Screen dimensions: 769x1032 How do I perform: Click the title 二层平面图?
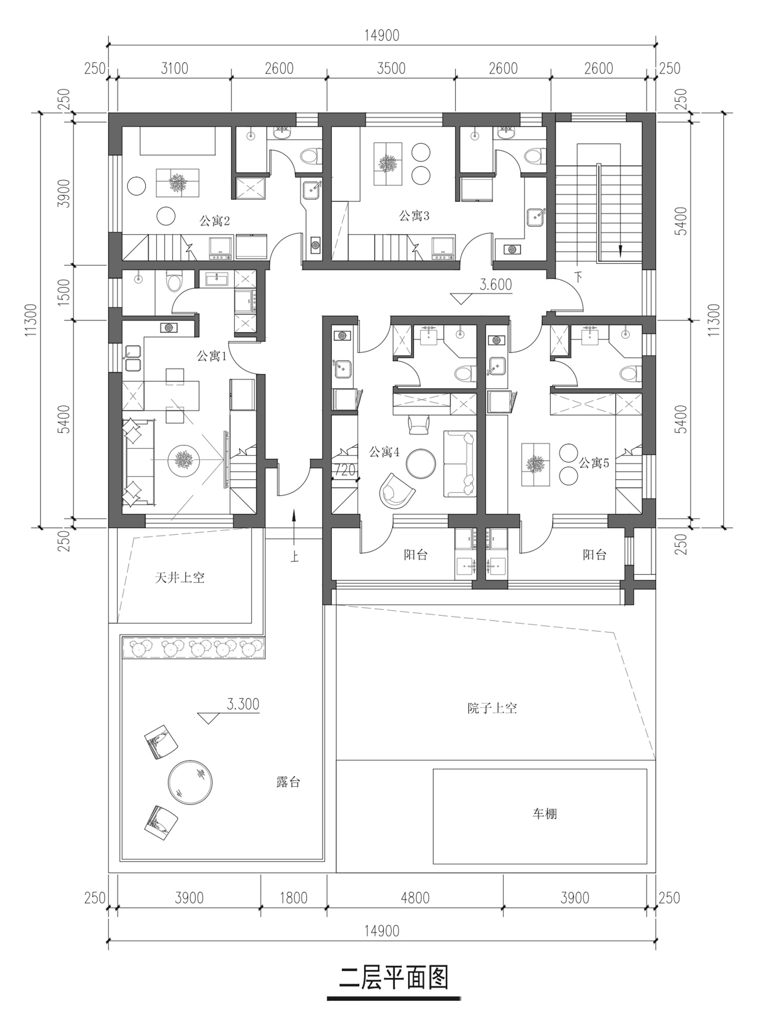394,978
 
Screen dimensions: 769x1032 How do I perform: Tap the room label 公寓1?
212,356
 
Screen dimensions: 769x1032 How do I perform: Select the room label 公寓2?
214,221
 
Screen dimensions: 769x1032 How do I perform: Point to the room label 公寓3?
414,216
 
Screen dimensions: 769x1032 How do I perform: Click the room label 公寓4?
384,452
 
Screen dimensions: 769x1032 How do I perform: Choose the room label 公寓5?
594,463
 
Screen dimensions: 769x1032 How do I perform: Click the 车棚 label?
544,814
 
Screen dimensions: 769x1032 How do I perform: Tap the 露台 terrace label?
288,782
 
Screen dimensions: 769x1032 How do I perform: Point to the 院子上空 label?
492,708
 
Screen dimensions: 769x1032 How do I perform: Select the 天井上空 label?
180,578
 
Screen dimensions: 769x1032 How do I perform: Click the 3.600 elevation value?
496,284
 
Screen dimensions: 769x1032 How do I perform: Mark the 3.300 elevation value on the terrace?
243,704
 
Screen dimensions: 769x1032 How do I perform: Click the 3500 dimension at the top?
391,68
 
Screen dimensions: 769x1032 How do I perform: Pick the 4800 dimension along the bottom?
415,898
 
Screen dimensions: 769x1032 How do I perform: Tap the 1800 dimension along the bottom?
294,898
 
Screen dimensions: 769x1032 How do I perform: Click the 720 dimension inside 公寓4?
345,469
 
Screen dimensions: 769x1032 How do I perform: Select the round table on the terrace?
190,782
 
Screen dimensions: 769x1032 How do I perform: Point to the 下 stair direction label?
579,277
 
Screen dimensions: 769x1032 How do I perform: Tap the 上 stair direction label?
294,556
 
